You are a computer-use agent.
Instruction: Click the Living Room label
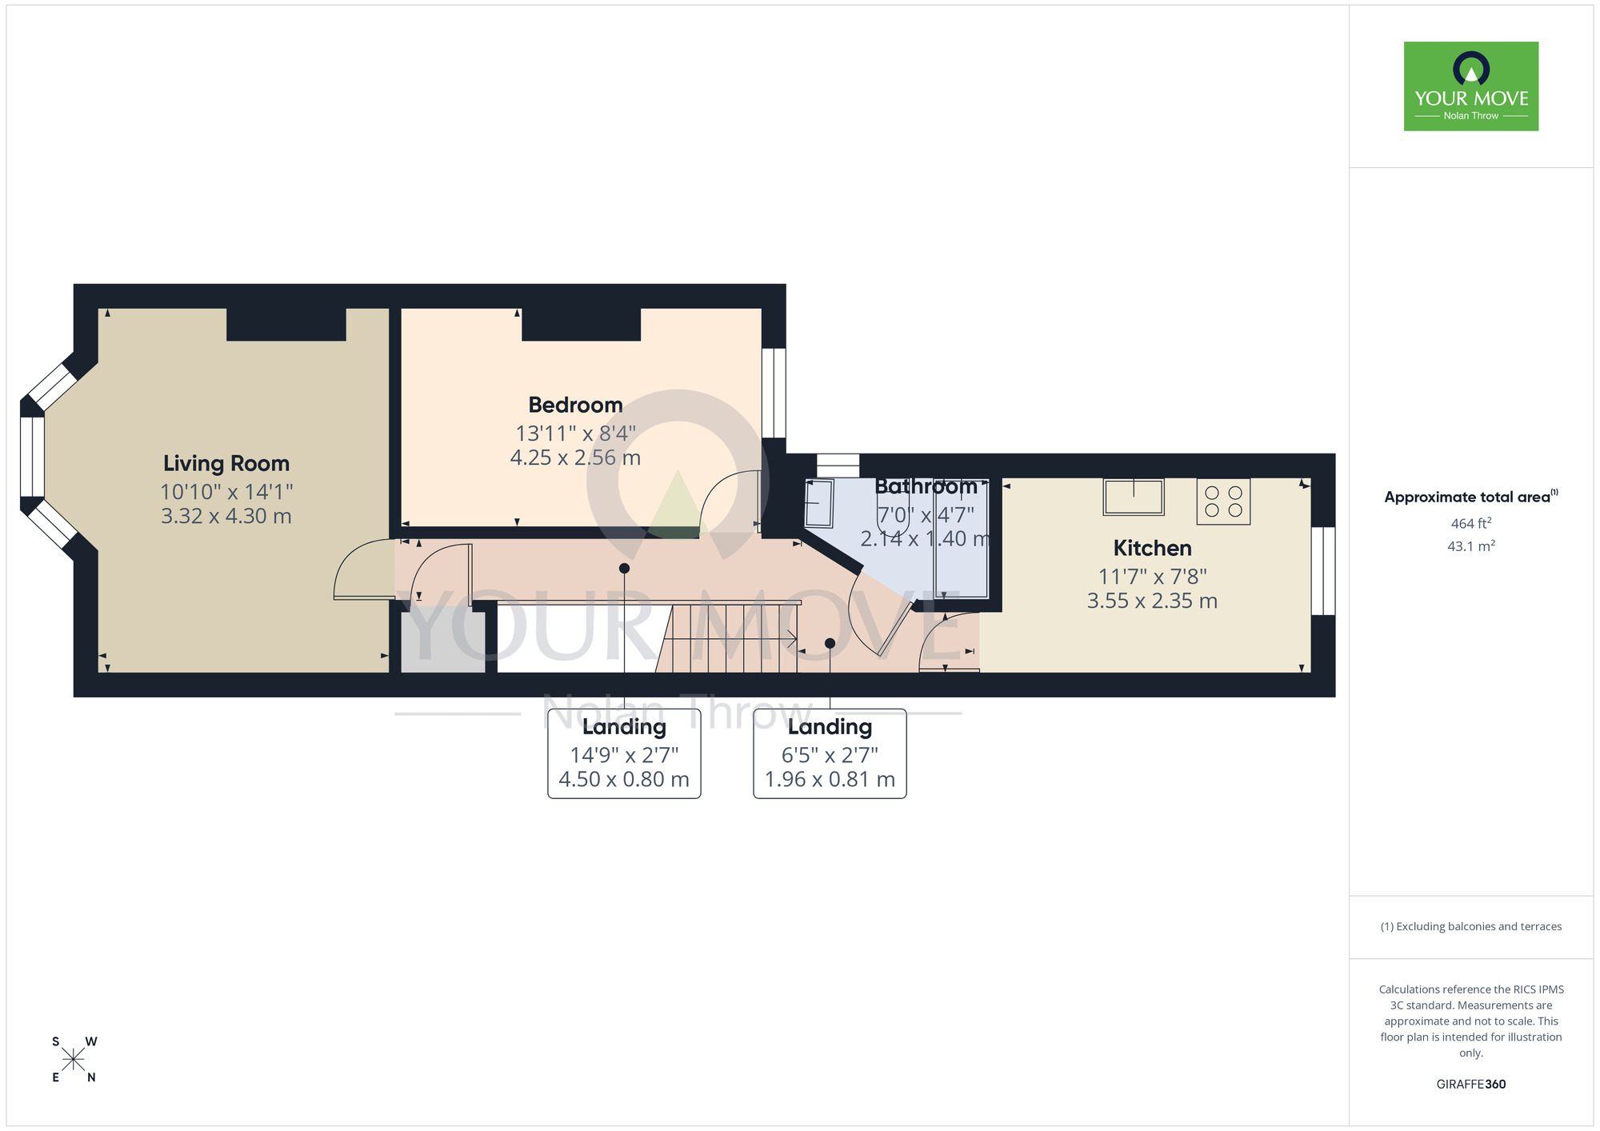(226, 463)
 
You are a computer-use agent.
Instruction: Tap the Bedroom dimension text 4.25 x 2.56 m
(575, 458)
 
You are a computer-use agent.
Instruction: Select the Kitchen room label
(1152, 548)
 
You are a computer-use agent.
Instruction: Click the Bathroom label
(926, 486)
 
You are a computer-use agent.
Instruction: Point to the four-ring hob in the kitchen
(1223, 502)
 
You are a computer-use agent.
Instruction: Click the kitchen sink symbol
(1133, 497)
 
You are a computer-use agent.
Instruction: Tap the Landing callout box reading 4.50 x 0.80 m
(624, 753)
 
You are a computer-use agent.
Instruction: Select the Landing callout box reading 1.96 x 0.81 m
(830, 753)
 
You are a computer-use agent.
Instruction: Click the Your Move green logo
(1470, 86)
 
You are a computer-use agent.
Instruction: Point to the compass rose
(74, 1060)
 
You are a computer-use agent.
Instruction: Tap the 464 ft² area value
(1470, 523)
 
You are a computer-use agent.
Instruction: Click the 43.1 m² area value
(1470, 546)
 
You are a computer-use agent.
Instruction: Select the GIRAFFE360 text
(1470, 1084)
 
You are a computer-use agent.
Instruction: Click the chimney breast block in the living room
(286, 325)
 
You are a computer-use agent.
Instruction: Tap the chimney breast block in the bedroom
(581, 325)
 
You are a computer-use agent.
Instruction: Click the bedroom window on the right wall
(774, 393)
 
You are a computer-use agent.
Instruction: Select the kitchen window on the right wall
(1323, 570)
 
